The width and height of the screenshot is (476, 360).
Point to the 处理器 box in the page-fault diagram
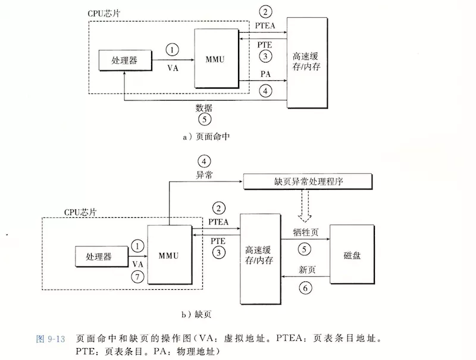click(x=101, y=256)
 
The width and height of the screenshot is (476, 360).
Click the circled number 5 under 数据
click(x=204, y=119)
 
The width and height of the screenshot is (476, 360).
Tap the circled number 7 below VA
click(x=137, y=277)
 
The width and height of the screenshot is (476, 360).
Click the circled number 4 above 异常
click(x=204, y=161)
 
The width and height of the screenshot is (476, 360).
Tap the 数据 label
click(x=204, y=108)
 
